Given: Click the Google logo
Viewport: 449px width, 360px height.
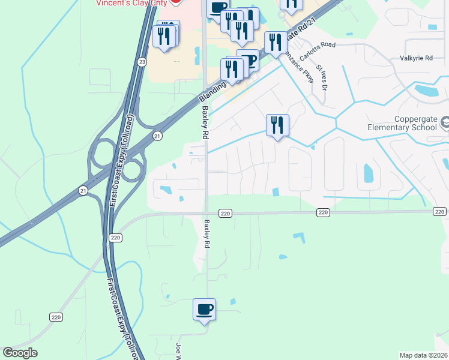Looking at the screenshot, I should coord(20,353).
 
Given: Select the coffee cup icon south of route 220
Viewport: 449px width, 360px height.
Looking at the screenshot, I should coord(204,310).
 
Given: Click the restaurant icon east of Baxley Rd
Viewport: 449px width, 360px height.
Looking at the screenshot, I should coord(277,125).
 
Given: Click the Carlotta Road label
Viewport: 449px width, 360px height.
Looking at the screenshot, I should coord(319,45).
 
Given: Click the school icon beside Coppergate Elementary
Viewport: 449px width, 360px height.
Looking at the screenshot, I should coord(445,122).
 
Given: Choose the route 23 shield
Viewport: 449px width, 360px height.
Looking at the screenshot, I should coord(142,62).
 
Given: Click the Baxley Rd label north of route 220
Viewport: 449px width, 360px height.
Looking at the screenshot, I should coord(205,123).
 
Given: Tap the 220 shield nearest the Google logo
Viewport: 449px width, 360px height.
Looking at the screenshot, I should coord(56,316).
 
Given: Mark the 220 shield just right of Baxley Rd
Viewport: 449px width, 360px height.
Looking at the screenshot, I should coord(225,213).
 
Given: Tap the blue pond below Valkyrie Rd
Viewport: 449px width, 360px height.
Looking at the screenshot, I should coord(427,92).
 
